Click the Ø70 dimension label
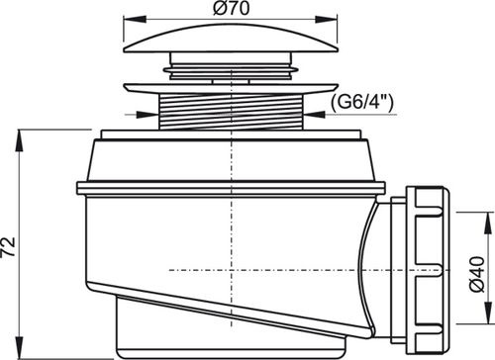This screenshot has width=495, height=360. coord(231,8)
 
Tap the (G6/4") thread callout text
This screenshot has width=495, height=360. coord(362,103)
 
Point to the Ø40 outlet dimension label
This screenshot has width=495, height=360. coord(477,274)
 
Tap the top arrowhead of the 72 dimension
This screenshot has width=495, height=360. coord(21,140)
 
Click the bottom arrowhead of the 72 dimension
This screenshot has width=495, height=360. coord(21,347)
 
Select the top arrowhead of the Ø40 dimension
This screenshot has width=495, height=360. coord(487,224)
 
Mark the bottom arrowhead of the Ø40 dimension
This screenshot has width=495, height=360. coord(487,313)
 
